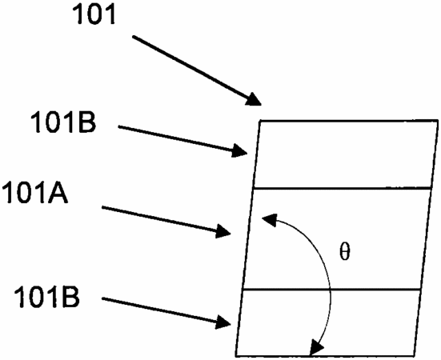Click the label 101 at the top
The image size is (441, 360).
(94, 14)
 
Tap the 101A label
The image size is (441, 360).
(34, 192)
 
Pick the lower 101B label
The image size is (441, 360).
(47, 296)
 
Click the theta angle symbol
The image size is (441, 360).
(345, 252)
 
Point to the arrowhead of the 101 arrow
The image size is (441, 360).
(254, 99)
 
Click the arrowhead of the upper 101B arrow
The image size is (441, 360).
(239, 150)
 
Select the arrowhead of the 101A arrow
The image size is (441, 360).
(223, 231)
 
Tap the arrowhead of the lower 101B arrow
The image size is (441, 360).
(223, 322)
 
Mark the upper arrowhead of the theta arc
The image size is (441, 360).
(270, 220)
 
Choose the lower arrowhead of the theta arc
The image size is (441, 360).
(316, 349)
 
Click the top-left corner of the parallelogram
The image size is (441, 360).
(260, 121)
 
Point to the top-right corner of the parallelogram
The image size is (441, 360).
(438, 121)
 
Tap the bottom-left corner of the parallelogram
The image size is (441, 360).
(235, 356)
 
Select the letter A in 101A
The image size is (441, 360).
(58, 192)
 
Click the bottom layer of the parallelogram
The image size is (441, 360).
(328, 322)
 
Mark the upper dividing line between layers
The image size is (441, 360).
(343, 188)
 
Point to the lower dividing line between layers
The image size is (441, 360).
(331, 289)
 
